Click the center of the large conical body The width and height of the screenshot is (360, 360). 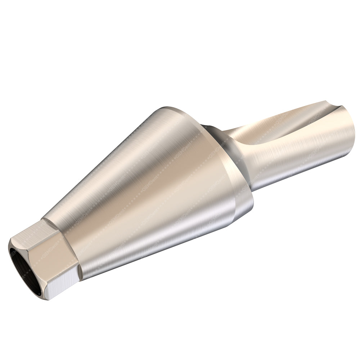[151, 187]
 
